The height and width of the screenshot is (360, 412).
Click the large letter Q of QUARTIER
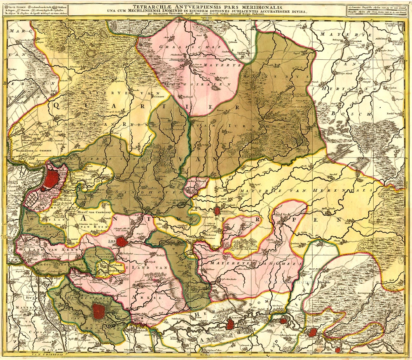pos(56,106)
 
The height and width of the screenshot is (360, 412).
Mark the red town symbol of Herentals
pos(217,209)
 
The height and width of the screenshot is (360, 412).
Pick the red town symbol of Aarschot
pos(230,325)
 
